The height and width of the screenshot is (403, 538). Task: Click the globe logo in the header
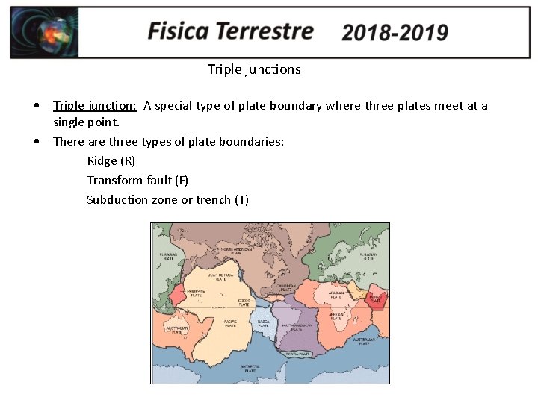[44, 33]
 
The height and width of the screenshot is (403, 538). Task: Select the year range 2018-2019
[395, 33]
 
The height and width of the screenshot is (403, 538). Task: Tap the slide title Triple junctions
[254, 69]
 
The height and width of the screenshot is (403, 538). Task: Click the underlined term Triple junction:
[94, 105]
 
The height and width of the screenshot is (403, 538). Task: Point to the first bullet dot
[37, 106]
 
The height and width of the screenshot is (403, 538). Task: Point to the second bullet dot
[37, 141]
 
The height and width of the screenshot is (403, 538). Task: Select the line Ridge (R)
[111, 160]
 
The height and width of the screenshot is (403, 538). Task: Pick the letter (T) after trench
[241, 199]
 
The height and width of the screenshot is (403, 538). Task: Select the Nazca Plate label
[263, 324]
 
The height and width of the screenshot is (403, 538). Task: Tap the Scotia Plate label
[300, 353]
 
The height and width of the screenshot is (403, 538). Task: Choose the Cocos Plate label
[244, 302]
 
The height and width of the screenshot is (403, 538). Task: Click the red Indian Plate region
[376, 298]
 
